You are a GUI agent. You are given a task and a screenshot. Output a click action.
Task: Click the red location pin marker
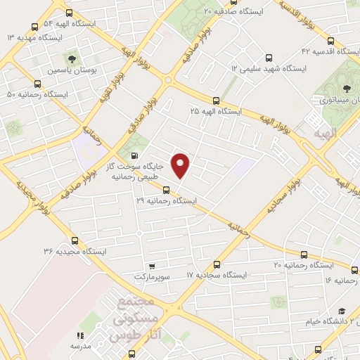click(181, 165)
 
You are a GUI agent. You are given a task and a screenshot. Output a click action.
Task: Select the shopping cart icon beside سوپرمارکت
click(151, 267)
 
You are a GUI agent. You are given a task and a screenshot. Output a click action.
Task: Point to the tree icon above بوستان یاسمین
click(71, 58)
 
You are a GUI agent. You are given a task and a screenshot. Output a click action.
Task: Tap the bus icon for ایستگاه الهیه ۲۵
click(216, 101)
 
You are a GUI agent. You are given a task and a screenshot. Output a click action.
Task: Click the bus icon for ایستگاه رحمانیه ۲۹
click(167, 188)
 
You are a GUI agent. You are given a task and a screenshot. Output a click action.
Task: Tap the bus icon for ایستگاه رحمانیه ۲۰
click(304, 255)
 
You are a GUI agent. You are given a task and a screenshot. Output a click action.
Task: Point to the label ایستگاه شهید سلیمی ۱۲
click(271, 68)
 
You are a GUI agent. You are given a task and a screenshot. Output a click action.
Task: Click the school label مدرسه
click(79, 347)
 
